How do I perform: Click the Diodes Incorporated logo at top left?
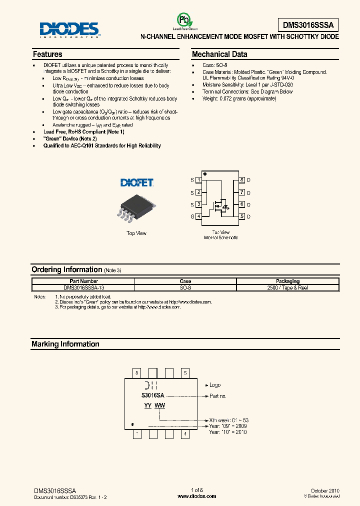[69, 29]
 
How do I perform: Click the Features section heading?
[47, 54]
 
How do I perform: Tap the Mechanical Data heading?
[219, 54]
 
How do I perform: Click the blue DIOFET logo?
[137, 183]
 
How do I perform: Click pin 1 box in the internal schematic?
[199, 180]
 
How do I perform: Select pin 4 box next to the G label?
[199, 216]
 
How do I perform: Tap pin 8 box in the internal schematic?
[242, 180]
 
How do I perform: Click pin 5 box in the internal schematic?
[242, 216]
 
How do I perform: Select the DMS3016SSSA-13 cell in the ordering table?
[84, 288]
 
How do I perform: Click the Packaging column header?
[287, 281]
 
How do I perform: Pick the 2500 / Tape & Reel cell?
[287, 288]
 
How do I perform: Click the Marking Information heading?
[65, 344]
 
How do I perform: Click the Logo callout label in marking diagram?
[214, 385]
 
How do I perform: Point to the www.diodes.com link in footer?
[197, 496]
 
